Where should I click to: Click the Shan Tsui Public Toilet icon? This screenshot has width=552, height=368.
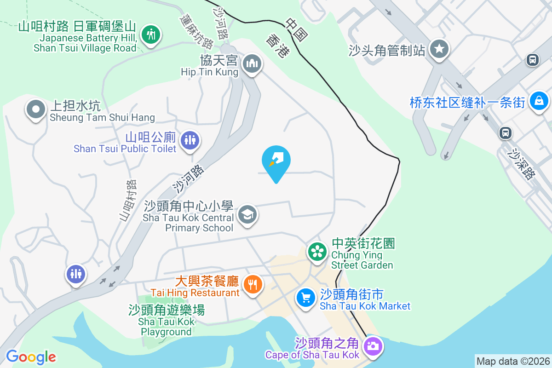click(190, 139)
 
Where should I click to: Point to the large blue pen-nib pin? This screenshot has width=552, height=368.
click(276, 161)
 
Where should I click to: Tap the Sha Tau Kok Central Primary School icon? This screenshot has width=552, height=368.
click(248, 214)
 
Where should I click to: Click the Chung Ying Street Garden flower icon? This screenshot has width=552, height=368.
click(317, 251)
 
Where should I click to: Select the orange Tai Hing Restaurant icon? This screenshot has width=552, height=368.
click(252, 284)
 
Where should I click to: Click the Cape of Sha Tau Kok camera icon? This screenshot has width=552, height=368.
click(372, 346)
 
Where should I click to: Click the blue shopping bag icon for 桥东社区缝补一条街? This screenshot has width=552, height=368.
click(537, 101)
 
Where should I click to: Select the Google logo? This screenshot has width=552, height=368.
click(31, 357)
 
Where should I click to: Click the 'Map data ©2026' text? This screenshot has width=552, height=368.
click(513, 361)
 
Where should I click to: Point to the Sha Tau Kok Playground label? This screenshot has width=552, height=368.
click(167, 321)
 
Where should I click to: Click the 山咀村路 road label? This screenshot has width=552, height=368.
click(128, 201)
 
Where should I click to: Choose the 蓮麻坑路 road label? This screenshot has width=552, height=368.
click(197, 31)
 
